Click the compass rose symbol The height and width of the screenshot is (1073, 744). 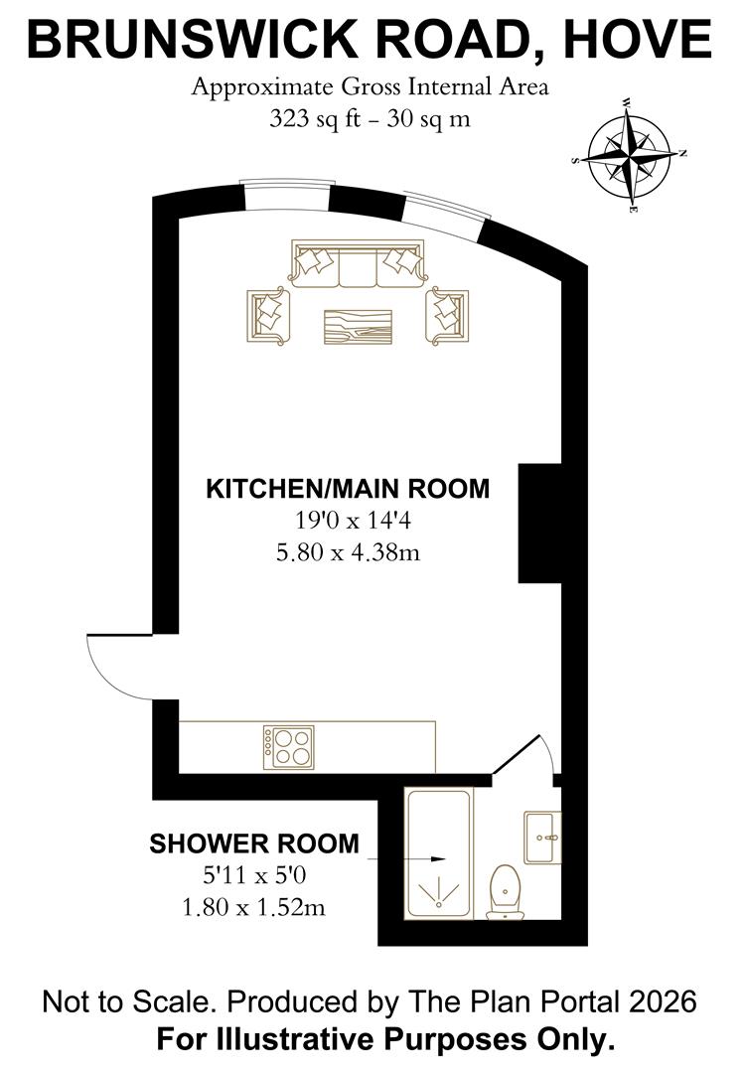pyautogui.click(x=632, y=156)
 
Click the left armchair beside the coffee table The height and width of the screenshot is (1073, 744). pyautogui.click(x=268, y=314)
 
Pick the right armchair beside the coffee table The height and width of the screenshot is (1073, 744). pyautogui.click(x=447, y=312)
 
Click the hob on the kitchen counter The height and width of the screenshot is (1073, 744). pyautogui.click(x=289, y=746)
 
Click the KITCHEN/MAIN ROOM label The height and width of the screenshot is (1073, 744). pyautogui.click(x=348, y=489)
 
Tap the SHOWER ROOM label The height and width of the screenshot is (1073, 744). pyautogui.click(x=254, y=843)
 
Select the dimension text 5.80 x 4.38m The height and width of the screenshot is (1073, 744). pyautogui.click(x=348, y=552)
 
